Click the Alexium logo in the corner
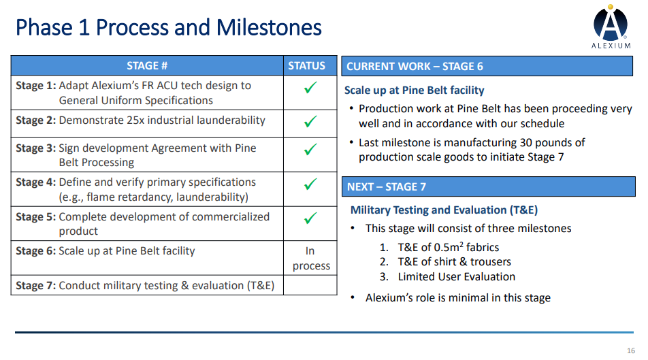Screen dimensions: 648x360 [x=611, y=27]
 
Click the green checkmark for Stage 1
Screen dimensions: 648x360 [x=310, y=87]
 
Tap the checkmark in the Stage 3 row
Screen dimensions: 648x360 [x=310, y=149]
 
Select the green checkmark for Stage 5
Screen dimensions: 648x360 [x=310, y=218]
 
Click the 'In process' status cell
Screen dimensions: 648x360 [x=311, y=259]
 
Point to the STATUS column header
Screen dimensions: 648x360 [x=306, y=66]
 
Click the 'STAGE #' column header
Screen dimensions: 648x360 [x=147, y=66]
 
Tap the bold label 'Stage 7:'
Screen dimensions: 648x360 [x=36, y=286]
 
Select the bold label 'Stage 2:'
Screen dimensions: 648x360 [x=36, y=120]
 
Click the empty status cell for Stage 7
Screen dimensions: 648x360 [x=310, y=285]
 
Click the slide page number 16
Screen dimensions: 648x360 [x=630, y=350]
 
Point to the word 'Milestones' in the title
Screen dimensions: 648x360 [x=269, y=28]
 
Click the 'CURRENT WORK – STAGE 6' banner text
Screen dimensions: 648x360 [x=415, y=67]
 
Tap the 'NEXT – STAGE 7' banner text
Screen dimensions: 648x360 [x=387, y=187]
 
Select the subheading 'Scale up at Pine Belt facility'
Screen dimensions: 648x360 [x=414, y=91]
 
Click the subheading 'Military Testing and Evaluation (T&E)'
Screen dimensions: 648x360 [x=444, y=210]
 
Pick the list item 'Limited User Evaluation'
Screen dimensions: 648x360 [x=457, y=276]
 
